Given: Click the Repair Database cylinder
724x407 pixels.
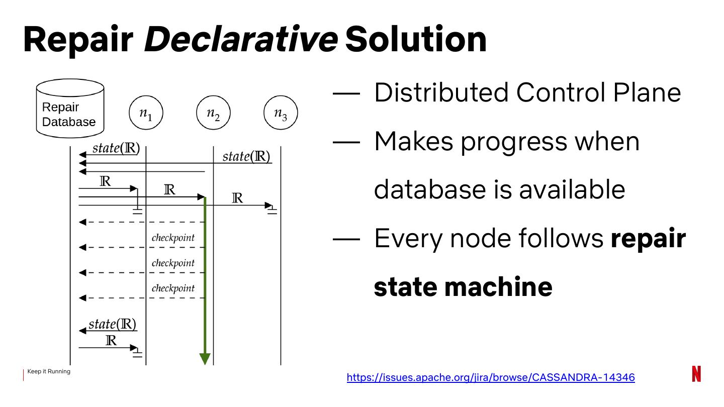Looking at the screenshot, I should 70,109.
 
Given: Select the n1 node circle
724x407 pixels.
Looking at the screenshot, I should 146,113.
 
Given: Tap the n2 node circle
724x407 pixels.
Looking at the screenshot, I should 213,113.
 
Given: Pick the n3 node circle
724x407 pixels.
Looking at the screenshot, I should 281,113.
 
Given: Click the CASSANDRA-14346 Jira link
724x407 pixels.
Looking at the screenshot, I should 491,377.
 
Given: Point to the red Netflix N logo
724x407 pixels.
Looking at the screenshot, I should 696,374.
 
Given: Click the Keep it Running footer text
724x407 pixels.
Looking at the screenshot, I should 49,371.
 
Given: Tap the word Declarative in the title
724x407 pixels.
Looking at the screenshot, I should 240,39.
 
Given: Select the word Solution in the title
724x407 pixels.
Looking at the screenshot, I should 416,39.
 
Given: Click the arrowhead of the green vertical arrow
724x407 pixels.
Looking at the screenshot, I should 205,358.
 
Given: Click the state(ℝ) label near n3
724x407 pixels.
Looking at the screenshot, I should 246,156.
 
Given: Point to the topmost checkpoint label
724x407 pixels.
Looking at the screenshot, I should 173,238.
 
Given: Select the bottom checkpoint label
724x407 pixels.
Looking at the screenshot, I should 173,288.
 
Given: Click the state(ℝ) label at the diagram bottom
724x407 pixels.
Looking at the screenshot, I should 113,324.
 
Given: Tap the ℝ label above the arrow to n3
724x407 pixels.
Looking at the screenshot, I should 237,198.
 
